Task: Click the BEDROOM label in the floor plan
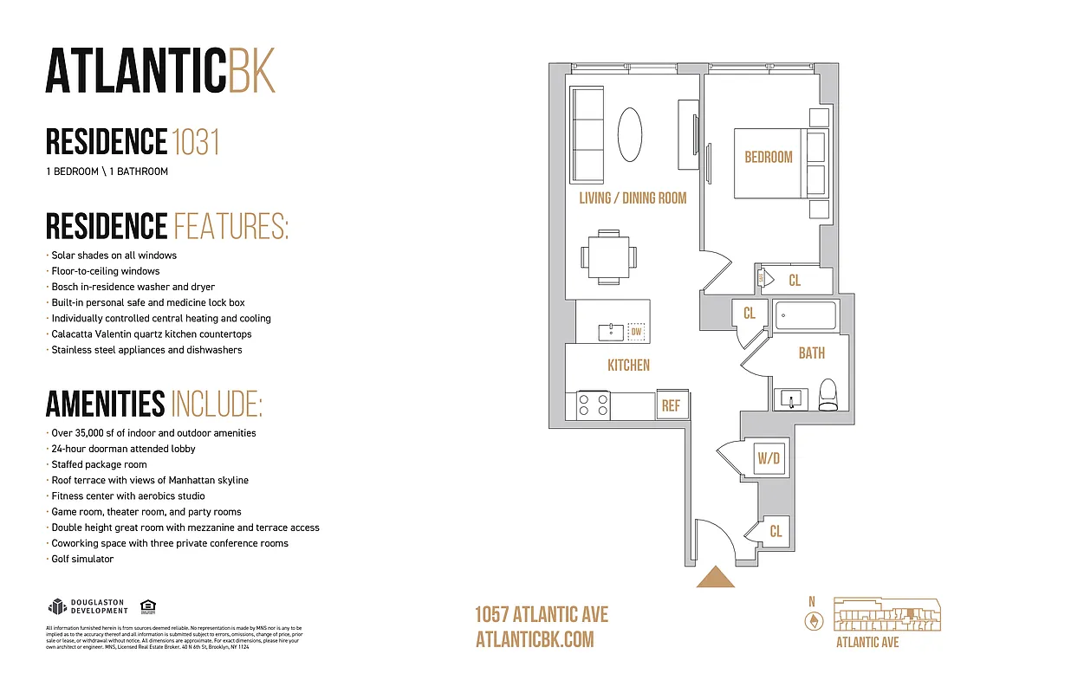tap(769, 157)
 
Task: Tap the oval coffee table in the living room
tap(630, 134)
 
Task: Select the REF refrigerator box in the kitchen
tap(671, 405)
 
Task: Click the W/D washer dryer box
tap(769, 459)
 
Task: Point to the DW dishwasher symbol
tap(636, 332)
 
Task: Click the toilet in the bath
tap(828, 395)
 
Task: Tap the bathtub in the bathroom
tap(805, 317)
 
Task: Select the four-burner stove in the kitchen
tap(594, 405)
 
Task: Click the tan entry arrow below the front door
tap(716, 578)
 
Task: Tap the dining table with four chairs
tap(608, 256)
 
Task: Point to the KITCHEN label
tap(628, 366)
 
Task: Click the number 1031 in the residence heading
tap(196, 141)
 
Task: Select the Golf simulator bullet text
tap(82, 559)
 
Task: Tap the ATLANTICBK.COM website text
tap(535, 639)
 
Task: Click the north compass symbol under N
tap(813, 621)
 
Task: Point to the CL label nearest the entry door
tap(776, 531)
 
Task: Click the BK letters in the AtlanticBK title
tap(251, 70)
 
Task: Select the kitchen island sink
tap(612, 332)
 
